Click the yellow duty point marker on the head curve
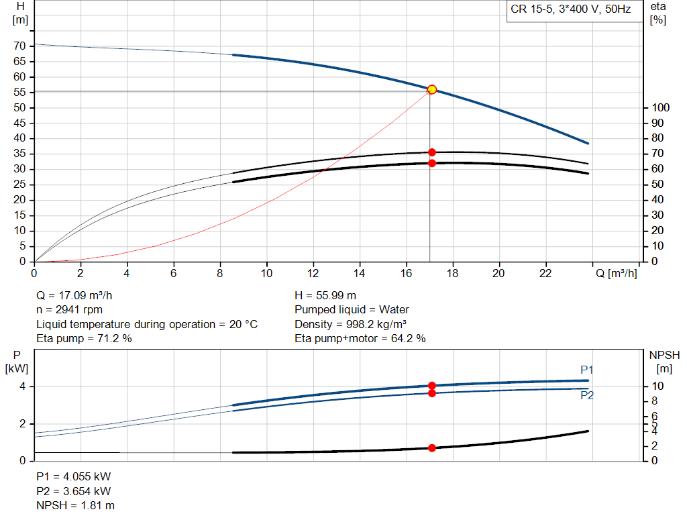(431, 89)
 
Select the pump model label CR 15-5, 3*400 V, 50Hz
(571, 11)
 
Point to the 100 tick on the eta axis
(659, 108)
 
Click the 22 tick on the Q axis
(545, 273)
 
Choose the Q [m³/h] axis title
(616, 273)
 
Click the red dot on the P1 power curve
(431, 386)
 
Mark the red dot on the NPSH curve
(431, 448)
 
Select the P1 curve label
(587, 370)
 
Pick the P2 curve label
(587, 396)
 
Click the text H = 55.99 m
(325, 295)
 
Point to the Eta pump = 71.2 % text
(84, 339)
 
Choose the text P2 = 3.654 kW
(73, 491)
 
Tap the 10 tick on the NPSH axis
(659, 386)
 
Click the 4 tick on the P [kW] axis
(22, 386)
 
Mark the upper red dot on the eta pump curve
(431, 152)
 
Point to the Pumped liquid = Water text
(352, 310)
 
